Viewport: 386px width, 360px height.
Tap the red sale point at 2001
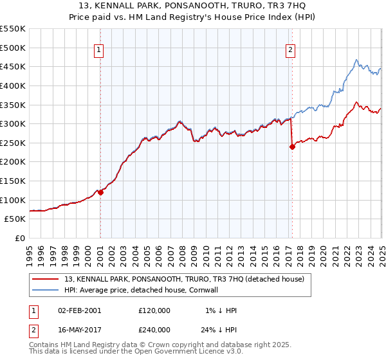[100, 192]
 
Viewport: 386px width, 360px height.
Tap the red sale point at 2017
[292, 147]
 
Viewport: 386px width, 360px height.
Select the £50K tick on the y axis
[15, 219]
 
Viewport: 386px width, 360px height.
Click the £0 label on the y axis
[20, 239]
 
